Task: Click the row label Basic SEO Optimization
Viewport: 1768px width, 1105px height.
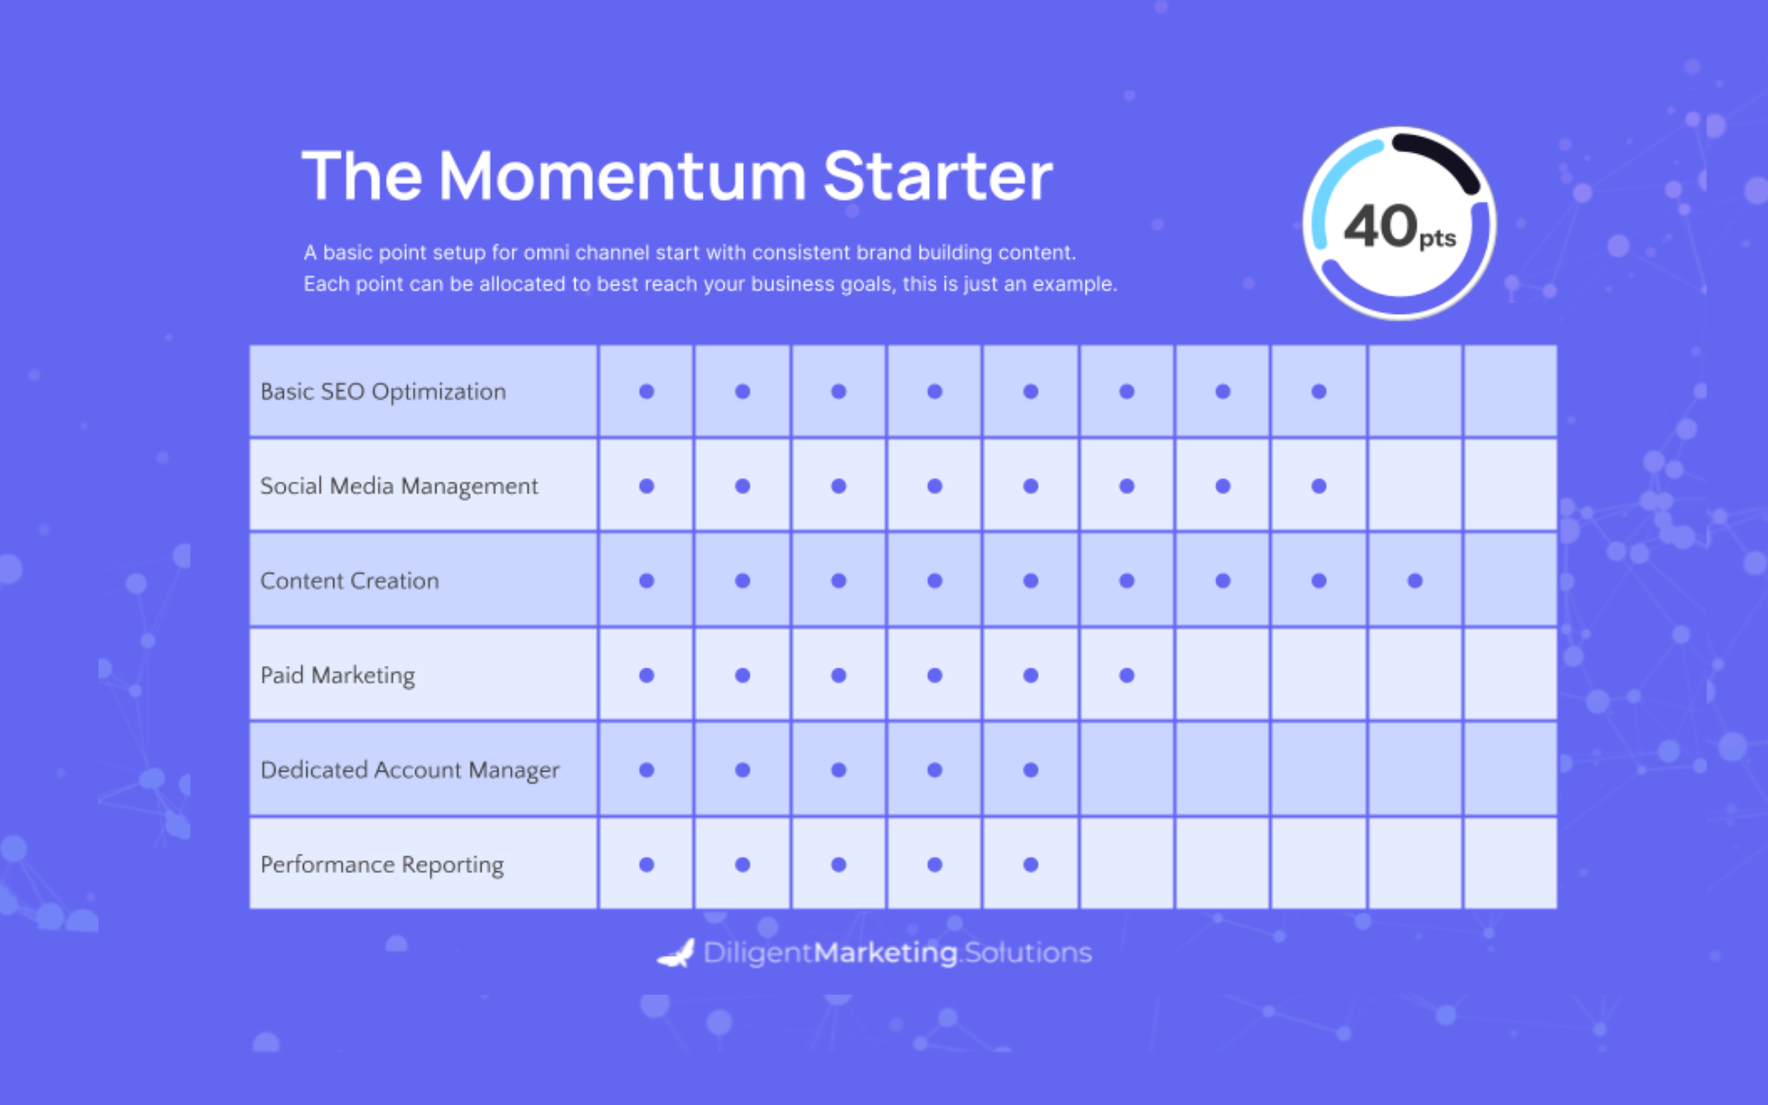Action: (383, 392)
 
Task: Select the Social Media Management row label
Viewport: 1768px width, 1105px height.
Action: (399, 486)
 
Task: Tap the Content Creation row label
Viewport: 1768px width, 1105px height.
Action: (350, 581)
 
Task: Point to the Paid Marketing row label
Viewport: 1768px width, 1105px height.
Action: (338, 676)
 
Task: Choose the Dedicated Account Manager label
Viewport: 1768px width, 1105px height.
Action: (410, 771)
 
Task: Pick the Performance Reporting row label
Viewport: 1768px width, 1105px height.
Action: (382, 866)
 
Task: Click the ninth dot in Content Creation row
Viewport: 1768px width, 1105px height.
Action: (1415, 581)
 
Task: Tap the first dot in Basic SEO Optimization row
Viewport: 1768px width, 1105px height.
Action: (646, 391)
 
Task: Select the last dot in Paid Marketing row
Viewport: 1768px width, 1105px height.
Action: (1126, 675)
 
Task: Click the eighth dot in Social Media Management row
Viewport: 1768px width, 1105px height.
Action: (1319, 486)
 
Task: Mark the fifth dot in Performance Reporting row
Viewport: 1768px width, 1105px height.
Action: (1030, 865)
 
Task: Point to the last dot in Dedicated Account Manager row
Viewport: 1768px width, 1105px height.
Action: (1030, 770)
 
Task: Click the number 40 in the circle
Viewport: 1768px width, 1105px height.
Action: (1380, 227)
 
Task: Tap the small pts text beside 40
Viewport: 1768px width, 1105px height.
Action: (1437, 239)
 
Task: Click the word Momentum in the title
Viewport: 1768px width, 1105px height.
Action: (622, 176)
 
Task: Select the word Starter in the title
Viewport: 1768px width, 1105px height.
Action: (937, 176)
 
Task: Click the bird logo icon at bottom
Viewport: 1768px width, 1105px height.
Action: (676, 954)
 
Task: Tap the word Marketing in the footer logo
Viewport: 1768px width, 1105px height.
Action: (886, 953)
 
